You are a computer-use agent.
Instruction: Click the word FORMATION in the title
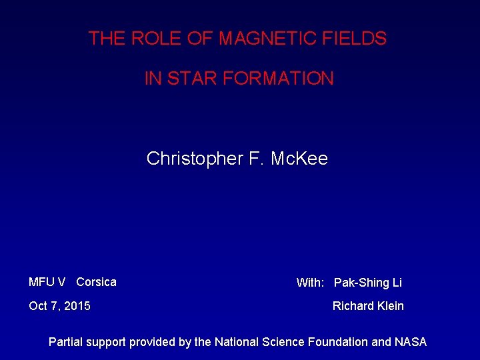point(278,79)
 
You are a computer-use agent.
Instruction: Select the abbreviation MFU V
point(47,282)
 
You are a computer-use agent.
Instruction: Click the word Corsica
point(96,282)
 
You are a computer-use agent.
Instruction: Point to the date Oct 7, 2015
point(59,306)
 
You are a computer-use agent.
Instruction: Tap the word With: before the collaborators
point(310,283)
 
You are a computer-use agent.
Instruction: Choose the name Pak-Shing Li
point(368,283)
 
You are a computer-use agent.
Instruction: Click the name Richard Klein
point(368,306)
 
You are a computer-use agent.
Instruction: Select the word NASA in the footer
point(411,342)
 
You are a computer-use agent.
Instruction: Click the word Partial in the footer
point(67,342)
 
